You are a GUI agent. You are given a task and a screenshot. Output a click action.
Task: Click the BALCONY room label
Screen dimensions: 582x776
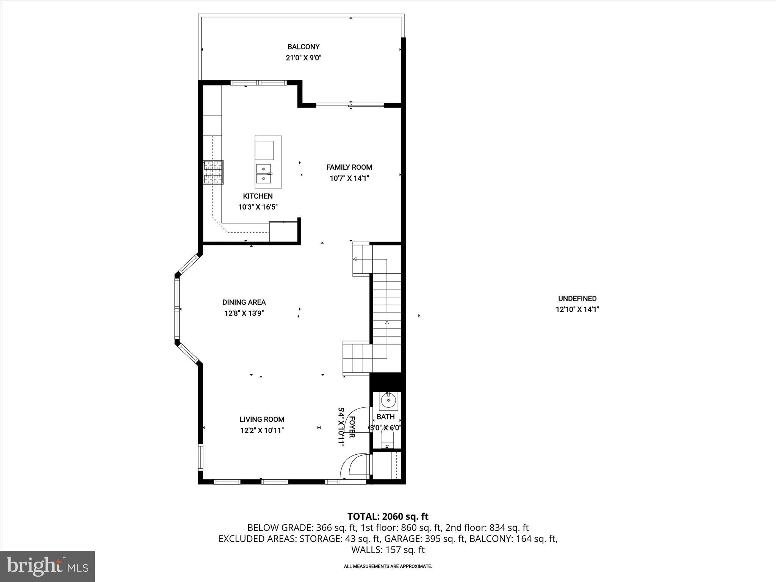(x=303, y=47)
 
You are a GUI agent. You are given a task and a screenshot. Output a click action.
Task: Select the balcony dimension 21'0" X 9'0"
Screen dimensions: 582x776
(x=303, y=58)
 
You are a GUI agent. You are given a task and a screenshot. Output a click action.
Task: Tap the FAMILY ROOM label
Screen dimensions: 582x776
(x=349, y=167)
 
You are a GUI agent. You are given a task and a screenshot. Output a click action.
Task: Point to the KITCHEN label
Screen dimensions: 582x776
(x=258, y=196)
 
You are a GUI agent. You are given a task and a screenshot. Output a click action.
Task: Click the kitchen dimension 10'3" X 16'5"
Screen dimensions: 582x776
(x=258, y=207)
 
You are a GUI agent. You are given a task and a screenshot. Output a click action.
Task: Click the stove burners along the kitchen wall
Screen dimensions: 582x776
(x=213, y=172)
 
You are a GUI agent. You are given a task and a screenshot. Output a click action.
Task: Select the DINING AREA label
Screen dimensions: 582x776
(x=244, y=302)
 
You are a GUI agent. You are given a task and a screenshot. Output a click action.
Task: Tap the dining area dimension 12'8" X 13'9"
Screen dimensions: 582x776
(x=244, y=313)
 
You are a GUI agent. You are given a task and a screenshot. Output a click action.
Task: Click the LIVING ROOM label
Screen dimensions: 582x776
(x=261, y=419)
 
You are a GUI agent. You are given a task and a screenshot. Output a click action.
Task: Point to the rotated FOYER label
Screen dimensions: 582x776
(x=351, y=427)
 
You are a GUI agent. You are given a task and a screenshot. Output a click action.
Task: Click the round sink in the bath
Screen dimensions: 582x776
(x=388, y=399)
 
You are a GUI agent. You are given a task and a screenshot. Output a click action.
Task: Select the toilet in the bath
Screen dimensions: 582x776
(x=387, y=441)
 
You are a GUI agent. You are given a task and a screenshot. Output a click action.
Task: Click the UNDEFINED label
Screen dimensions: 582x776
(x=577, y=299)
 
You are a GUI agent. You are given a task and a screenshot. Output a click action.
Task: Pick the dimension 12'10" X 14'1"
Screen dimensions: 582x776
(x=577, y=310)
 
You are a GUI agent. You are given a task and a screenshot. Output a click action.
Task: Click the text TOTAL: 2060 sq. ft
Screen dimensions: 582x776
(x=388, y=516)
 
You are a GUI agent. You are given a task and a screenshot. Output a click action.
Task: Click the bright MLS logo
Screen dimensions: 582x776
(x=47, y=566)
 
